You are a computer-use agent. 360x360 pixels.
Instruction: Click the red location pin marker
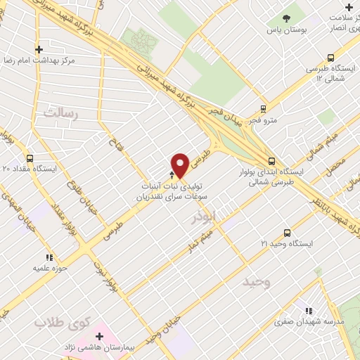coord(180,165)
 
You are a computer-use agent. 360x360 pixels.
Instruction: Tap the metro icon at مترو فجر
coord(263,109)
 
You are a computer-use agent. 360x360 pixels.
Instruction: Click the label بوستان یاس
coord(287,31)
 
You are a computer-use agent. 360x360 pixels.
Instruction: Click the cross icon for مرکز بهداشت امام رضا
coord(39,49)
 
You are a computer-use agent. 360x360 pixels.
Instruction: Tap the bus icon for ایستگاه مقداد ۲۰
coord(30,158)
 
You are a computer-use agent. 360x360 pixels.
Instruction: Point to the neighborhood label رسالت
coord(60,112)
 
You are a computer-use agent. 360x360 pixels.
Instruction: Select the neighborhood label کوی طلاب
coord(63,323)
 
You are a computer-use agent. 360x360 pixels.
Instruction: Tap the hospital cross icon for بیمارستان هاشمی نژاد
coord(99,337)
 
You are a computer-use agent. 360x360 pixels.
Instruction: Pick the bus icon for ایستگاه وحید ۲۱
coord(287,232)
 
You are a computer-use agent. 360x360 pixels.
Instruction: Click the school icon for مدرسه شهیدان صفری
coord(307,310)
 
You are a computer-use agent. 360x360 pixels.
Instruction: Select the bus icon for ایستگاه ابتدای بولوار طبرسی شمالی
coord(271,160)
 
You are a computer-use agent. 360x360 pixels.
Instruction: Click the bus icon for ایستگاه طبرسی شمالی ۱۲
coord(330,58)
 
